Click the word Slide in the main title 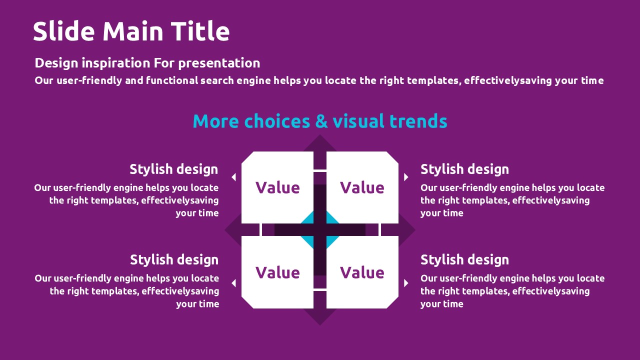(63, 31)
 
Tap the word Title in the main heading (200, 31)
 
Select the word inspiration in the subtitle (116, 63)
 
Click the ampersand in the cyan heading (321, 121)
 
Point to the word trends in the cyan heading (418, 121)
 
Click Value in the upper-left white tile (277, 187)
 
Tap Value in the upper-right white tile (362, 187)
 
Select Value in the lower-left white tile (277, 272)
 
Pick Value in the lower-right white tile (362, 272)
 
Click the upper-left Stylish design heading (173, 169)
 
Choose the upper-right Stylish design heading (464, 169)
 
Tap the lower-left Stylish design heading (174, 260)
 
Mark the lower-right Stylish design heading (464, 260)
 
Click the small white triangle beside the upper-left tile (234, 177)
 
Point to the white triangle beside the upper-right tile (406, 177)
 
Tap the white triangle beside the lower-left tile (234, 283)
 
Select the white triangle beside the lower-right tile (406, 283)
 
